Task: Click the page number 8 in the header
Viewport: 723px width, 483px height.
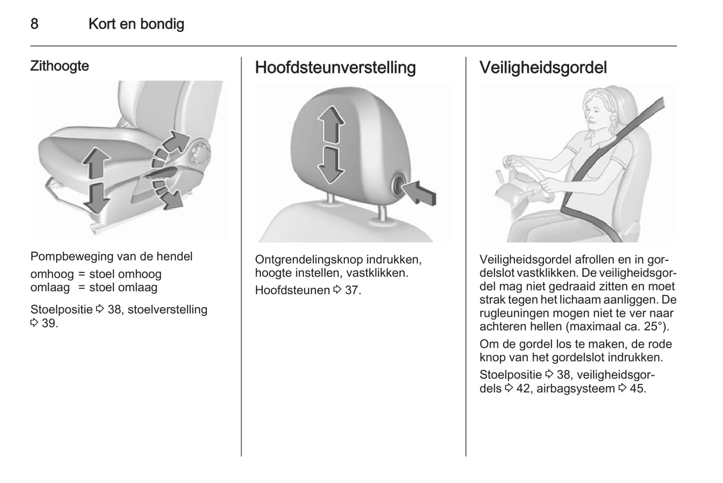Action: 35,24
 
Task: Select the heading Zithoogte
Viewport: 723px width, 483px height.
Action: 60,66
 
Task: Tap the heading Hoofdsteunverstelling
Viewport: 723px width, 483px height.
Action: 335,68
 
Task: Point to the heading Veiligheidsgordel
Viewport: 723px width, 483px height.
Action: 543,68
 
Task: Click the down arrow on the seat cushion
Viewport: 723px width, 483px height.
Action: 96,198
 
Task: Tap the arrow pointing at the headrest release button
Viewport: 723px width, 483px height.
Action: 420,192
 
